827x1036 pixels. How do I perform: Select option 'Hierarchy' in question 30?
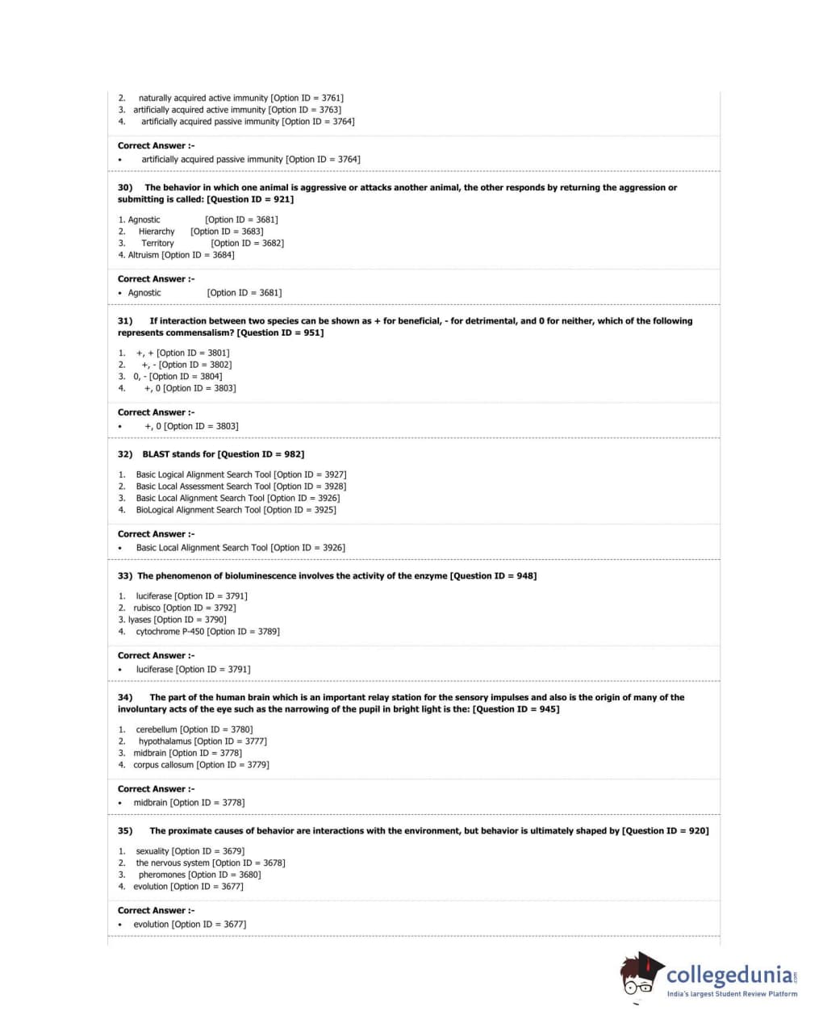coord(157,232)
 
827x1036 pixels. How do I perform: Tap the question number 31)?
coord(125,321)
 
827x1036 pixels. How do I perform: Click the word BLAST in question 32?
coord(156,454)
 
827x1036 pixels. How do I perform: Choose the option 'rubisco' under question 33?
coord(147,608)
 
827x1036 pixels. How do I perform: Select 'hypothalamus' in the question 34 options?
coord(165,741)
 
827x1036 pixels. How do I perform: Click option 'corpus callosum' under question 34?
coord(164,765)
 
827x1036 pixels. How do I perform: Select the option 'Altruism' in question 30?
coord(144,255)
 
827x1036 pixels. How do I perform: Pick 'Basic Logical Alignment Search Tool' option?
coord(203,475)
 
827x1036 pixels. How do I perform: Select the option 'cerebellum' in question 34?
coord(157,730)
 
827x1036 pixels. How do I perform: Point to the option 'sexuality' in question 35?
coord(152,851)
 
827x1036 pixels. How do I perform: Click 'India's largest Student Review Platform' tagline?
coord(732,994)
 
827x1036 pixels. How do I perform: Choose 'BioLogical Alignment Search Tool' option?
coord(198,510)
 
